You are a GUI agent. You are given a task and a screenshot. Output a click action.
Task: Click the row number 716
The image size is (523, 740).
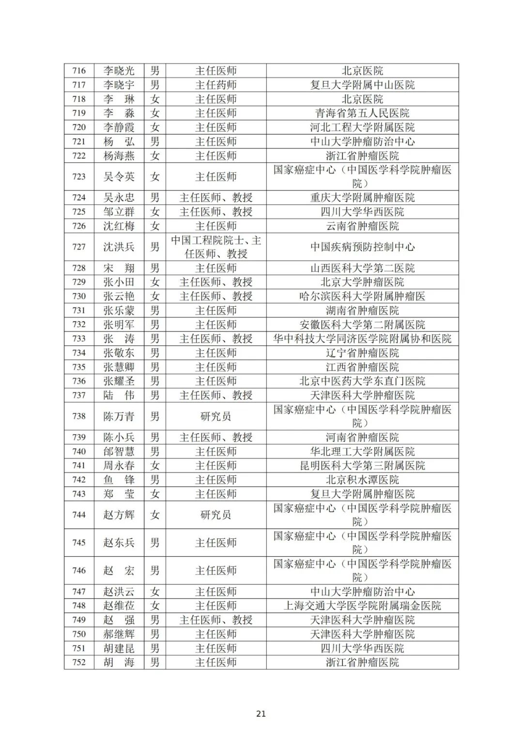tap(79, 71)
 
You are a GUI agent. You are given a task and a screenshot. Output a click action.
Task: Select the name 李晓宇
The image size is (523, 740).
tap(119, 85)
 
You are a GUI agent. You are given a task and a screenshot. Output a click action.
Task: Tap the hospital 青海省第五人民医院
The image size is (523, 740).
tap(362, 113)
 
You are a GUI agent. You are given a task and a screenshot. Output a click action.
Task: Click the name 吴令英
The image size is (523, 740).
tap(119, 176)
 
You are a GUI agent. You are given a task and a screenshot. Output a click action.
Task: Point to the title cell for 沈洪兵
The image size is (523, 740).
tap(216, 247)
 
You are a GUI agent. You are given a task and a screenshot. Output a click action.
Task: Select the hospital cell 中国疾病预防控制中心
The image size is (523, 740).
tap(362, 247)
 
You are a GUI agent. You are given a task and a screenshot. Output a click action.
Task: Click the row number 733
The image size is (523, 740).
tap(79, 339)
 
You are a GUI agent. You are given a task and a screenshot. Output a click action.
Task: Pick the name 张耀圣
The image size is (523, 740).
tap(119, 381)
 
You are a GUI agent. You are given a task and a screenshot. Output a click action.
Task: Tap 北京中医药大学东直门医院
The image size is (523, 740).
tap(362, 381)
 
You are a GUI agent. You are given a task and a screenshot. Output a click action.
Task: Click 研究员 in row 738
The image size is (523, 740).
tap(216, 416)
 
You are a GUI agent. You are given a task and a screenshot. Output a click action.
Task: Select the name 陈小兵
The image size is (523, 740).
tap(119, 437)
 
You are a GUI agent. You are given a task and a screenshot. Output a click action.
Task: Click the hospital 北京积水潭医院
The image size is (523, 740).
tap(362, 480)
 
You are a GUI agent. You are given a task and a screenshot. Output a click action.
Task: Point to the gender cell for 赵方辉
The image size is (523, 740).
tap(154, 515)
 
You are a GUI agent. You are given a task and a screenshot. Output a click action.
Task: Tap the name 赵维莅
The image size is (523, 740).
tap(119, 606)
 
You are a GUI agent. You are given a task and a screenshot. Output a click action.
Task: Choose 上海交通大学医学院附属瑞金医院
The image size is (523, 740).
tap(362, 606)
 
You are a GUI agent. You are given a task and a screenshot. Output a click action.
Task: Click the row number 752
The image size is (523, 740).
tap(79, 662)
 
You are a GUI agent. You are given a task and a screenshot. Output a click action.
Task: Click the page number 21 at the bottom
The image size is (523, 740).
tap(261, 714)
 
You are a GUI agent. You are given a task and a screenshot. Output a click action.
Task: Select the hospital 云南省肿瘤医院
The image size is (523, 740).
tap(362, 226)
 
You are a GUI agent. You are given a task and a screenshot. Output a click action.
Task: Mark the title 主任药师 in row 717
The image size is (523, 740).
tap(216, 85)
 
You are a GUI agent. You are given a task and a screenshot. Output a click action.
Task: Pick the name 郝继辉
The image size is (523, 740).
tap(119, 634)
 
